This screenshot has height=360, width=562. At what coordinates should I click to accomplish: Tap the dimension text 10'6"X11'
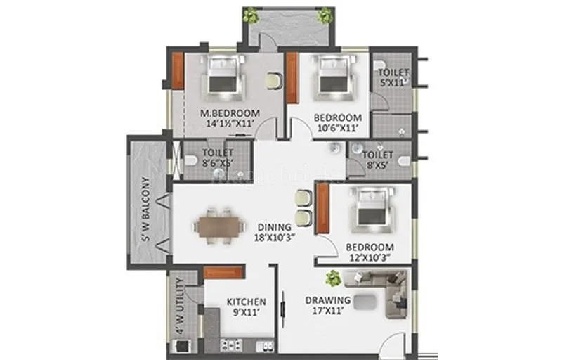click(337, 129)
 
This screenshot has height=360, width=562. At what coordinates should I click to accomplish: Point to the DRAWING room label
click(327, 300)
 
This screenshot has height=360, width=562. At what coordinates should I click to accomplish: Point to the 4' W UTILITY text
click(180, 306)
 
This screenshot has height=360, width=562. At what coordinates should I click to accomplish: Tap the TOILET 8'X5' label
click(379, 158)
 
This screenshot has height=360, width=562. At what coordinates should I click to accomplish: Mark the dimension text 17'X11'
click(327, 311)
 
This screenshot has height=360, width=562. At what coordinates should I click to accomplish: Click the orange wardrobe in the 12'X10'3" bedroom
click(323, 209)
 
